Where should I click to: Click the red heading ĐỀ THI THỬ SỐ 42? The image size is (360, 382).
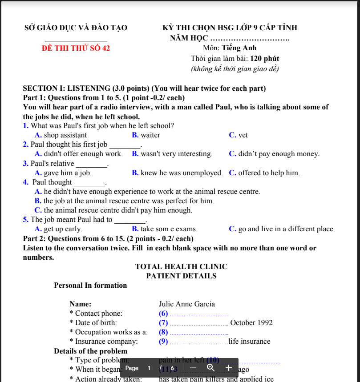[x=76, y=48]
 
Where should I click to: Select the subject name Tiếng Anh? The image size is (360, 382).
[x=239, y=48]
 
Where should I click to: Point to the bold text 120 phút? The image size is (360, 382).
[x=265, y=58]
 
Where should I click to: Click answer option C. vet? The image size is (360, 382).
[x=239, y=135]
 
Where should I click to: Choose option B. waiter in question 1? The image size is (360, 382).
[x=146, y=135]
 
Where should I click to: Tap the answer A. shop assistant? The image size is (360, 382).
[x=61, y=135]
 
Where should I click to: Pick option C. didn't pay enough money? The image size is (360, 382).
[x=274, y=154]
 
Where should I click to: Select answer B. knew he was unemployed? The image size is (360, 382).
[x=177, y=173]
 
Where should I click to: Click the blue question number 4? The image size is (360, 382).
[x=25, y=182]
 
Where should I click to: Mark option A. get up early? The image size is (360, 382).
[x=58, y=229]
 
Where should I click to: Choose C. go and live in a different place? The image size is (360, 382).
[x=282, y=229]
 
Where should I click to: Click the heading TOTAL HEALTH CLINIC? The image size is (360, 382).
[x=181, y=267]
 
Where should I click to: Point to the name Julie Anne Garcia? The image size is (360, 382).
[x=187, y=304]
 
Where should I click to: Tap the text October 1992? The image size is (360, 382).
[x=251, y=323]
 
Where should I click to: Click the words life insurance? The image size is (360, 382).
[x=250, y=342]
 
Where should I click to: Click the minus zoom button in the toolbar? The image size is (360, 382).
[x=193, y=368]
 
